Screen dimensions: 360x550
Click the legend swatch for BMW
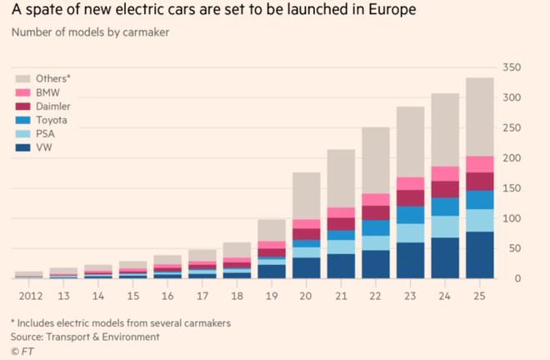pyautogui.click(x=23, y=93)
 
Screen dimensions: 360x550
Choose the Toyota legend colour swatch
pyautogui.click(x=23, y=120)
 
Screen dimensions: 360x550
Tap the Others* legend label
pyautogui.click(x=53, y=79)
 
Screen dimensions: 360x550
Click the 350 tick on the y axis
pyautogui.click(x=512, y=67)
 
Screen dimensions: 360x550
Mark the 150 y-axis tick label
pyautogui.click(x=512, y=188)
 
